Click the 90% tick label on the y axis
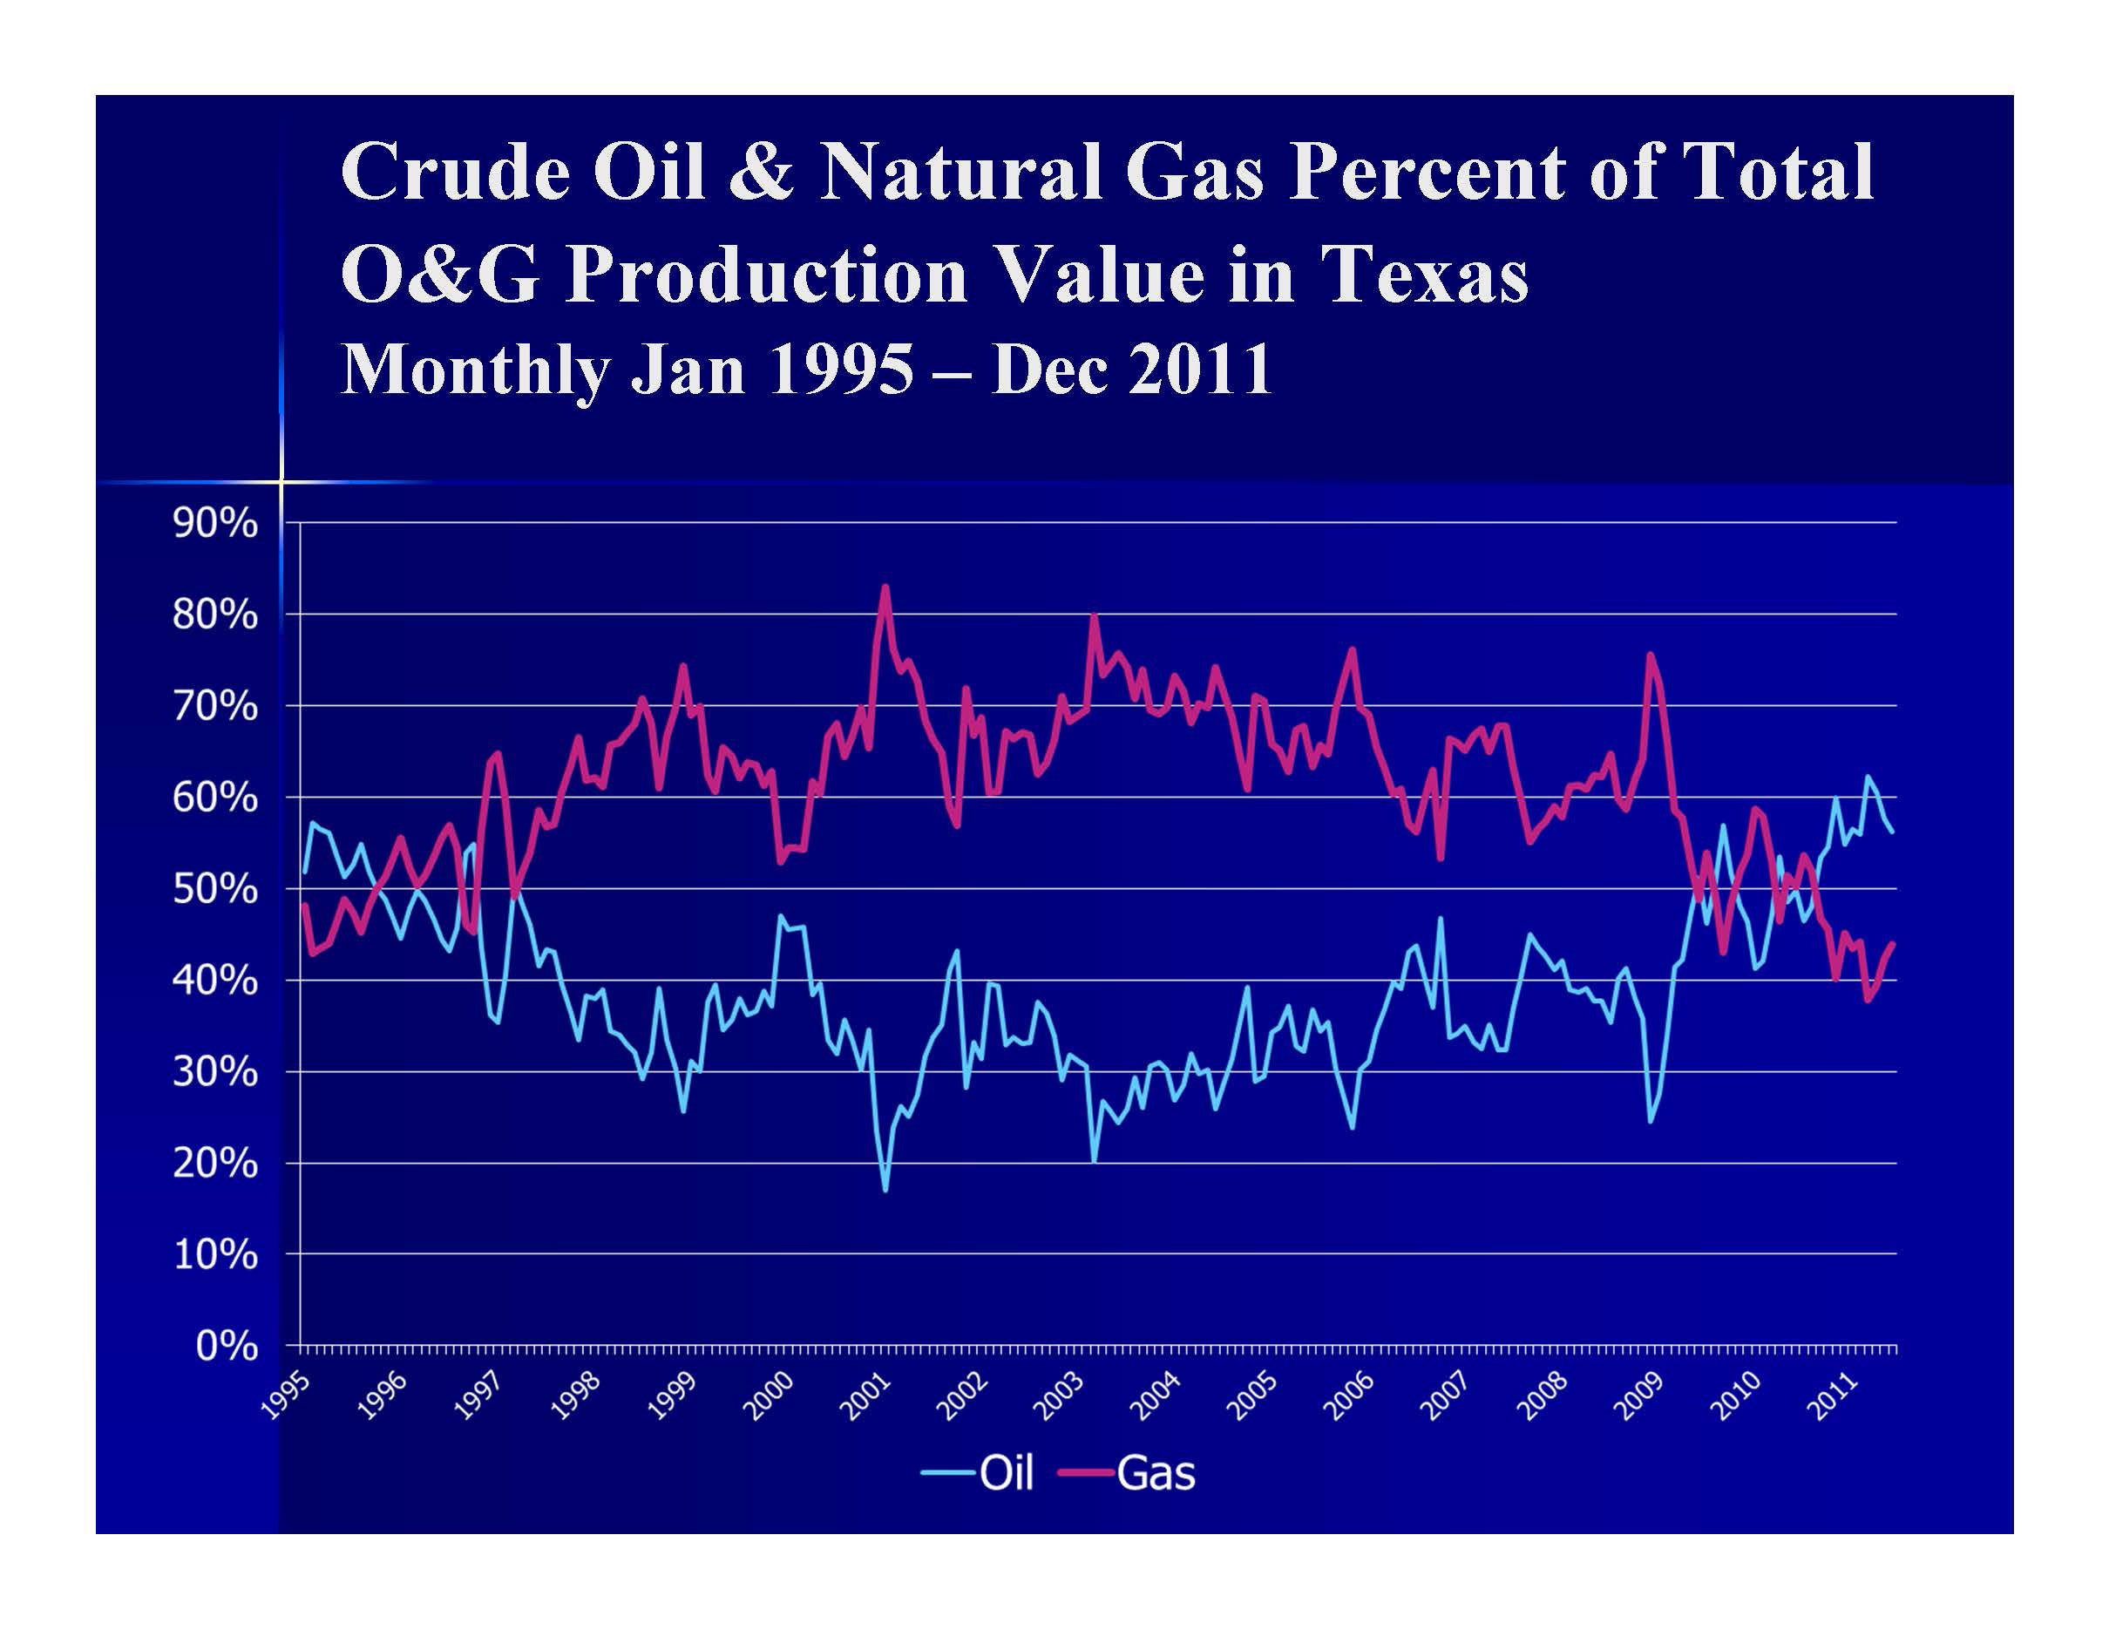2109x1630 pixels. click(x=215, y=523)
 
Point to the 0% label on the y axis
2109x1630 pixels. click(x=227, y=1345)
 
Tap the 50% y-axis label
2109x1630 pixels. click(x=215, y=888)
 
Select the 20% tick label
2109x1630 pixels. click(x=215, y=1163)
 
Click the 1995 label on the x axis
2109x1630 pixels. click(x=287, y=1396)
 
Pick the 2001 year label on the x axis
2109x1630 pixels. click(x=865, y=1396)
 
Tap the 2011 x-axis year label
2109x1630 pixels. click(x=1832, y=1396)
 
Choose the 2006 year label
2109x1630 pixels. click(x=1348, y=1396)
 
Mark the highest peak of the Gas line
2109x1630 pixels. click(x=885, y=586)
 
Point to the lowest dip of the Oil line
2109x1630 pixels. click(x=885, y=1190)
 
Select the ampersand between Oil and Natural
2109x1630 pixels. click(x=762, y=172)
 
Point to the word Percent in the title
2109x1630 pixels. click(x=1428, y=172)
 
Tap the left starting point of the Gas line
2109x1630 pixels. click(x=305, y=905)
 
